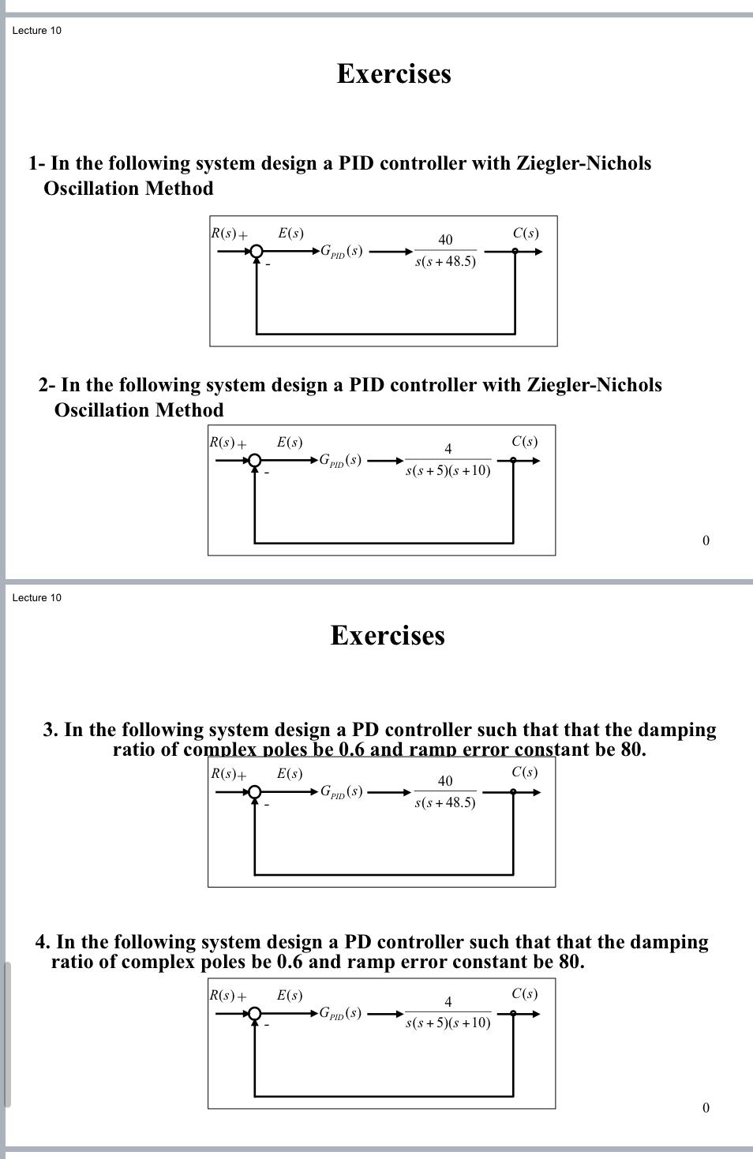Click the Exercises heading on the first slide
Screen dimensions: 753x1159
tap(394, 73)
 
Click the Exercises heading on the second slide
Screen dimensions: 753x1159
tap(388, 635)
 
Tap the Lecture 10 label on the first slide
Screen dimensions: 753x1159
tap(36, 31)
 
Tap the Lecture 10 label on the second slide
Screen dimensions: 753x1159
tap(36, 598)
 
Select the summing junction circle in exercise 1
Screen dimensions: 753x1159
tap(256, 252)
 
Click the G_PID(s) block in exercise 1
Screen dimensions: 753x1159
tap(341, 252)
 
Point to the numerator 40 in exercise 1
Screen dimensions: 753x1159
tap(445, 240)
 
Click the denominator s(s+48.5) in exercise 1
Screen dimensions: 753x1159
tap(445, 262)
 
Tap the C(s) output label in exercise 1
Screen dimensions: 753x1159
tap(526, 233)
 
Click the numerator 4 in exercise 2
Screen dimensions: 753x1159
tap(448, 449)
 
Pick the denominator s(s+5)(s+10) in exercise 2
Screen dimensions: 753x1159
tap(448, 471)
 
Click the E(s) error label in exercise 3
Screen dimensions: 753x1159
tap(290, 774)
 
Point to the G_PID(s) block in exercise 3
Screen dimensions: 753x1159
tap(341, 791)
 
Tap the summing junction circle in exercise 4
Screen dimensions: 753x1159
tap(254, 1014)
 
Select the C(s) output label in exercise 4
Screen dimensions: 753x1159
tap(524, 994)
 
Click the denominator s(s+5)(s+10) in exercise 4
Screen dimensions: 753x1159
tap(448, 1023)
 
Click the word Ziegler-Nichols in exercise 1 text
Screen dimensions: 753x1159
tap(583, 163)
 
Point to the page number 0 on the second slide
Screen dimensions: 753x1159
tap(706, 1108)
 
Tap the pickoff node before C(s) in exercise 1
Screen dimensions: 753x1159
tap(515, 252)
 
